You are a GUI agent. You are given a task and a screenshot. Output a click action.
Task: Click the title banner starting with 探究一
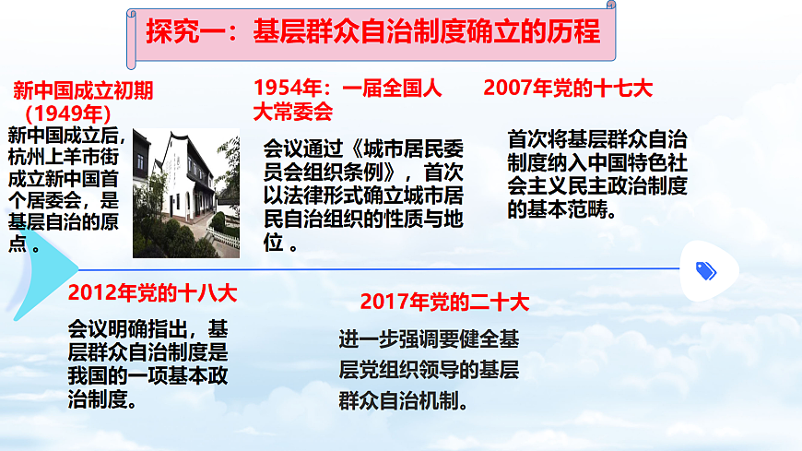tap(372, 32)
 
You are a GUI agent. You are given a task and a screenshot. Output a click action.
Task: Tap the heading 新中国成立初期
tap(83, 90)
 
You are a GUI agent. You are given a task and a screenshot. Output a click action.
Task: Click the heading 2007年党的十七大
tap(568, 89)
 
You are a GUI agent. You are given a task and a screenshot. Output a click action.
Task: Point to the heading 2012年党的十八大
tap(152, 293)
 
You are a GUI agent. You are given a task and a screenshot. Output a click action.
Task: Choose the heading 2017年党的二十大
tap(444, 302)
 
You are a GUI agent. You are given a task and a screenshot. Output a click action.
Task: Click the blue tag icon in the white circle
tap(706, 270)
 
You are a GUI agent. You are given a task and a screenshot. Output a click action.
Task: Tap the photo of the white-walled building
tap(186, 193)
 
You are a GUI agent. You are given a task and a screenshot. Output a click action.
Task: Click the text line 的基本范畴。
tap(562, 208)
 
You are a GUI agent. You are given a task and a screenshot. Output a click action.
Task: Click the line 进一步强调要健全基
tap(429, 339)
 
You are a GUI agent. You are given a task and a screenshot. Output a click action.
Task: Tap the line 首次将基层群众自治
tap(597, 141)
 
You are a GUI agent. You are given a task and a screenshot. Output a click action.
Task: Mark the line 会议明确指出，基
tap(147, 328)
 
